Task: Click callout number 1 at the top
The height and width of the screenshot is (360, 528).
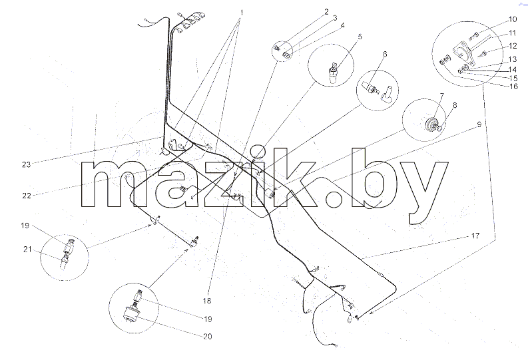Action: tap(241, 13)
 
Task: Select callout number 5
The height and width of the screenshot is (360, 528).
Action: tap(360, 37)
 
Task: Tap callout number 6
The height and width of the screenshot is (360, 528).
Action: tap(385, 54)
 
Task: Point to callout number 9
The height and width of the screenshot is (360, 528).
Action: tap(479, 124)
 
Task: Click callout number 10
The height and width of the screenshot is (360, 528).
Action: tap(513, 19)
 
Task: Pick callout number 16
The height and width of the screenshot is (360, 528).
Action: tap(513, 86)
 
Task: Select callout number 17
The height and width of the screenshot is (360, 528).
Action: tap(475, 236)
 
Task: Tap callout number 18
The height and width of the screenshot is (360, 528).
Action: tap(207, 301)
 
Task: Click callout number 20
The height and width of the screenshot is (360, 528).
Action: tap(208, 336)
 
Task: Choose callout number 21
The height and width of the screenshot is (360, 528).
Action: tap(27, 250)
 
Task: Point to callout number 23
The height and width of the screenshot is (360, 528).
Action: tap(26, 164)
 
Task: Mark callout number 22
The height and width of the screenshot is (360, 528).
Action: tap(27, 196)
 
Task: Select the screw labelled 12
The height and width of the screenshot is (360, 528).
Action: tap(485, 53)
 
